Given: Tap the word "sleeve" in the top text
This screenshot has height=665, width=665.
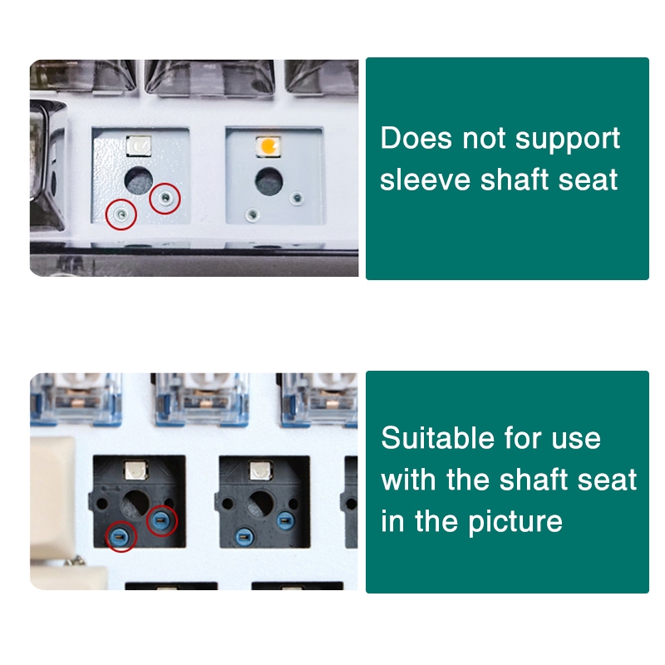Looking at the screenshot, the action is click(426, 180).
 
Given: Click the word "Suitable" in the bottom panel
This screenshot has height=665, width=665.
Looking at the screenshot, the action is click(438, 438).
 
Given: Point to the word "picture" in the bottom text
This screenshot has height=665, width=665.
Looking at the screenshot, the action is click(515, 523).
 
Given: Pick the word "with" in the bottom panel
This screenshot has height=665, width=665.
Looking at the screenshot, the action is click(410, 480).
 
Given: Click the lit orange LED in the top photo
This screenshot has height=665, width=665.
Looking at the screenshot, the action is click(268, 146).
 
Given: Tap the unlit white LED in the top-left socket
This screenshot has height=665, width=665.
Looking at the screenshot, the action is click(139, 146).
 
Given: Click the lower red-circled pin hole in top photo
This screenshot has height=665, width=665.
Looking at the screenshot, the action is click(121, 214).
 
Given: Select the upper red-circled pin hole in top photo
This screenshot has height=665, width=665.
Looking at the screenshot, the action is click(165, 198).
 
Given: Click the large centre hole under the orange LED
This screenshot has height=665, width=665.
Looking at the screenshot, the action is click(268, 181).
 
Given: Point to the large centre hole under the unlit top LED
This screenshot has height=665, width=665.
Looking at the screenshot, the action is click(139, 180).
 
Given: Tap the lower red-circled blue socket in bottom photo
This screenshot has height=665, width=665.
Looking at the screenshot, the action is click(121, 537).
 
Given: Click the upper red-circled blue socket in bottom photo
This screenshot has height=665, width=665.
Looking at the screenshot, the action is click(161, 520).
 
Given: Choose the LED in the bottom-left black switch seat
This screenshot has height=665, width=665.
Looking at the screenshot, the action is click(135, 470).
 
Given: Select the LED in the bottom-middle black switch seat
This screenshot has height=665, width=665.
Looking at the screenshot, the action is click(260, 470).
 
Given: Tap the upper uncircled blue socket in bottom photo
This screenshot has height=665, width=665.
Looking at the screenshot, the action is click(286, 520).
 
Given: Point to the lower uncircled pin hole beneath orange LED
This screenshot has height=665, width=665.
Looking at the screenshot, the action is click(253, 215).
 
